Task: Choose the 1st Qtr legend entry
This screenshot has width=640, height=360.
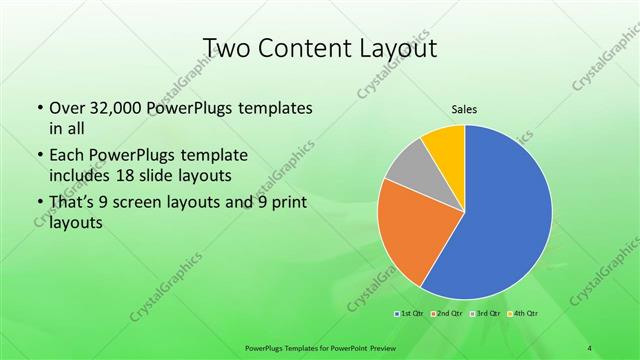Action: [x=409, y=314]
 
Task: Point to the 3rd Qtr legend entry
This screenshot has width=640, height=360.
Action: [x=483, y=314]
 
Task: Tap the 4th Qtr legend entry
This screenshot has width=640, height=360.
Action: [x=520, y=314]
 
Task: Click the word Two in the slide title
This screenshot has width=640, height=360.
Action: [x=226, y=48]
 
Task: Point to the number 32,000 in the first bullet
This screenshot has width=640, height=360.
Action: [x=112, y=108]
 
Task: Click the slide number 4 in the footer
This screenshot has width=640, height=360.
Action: [x=590, y=347]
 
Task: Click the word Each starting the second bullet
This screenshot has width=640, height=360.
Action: [x=66, y=156]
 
